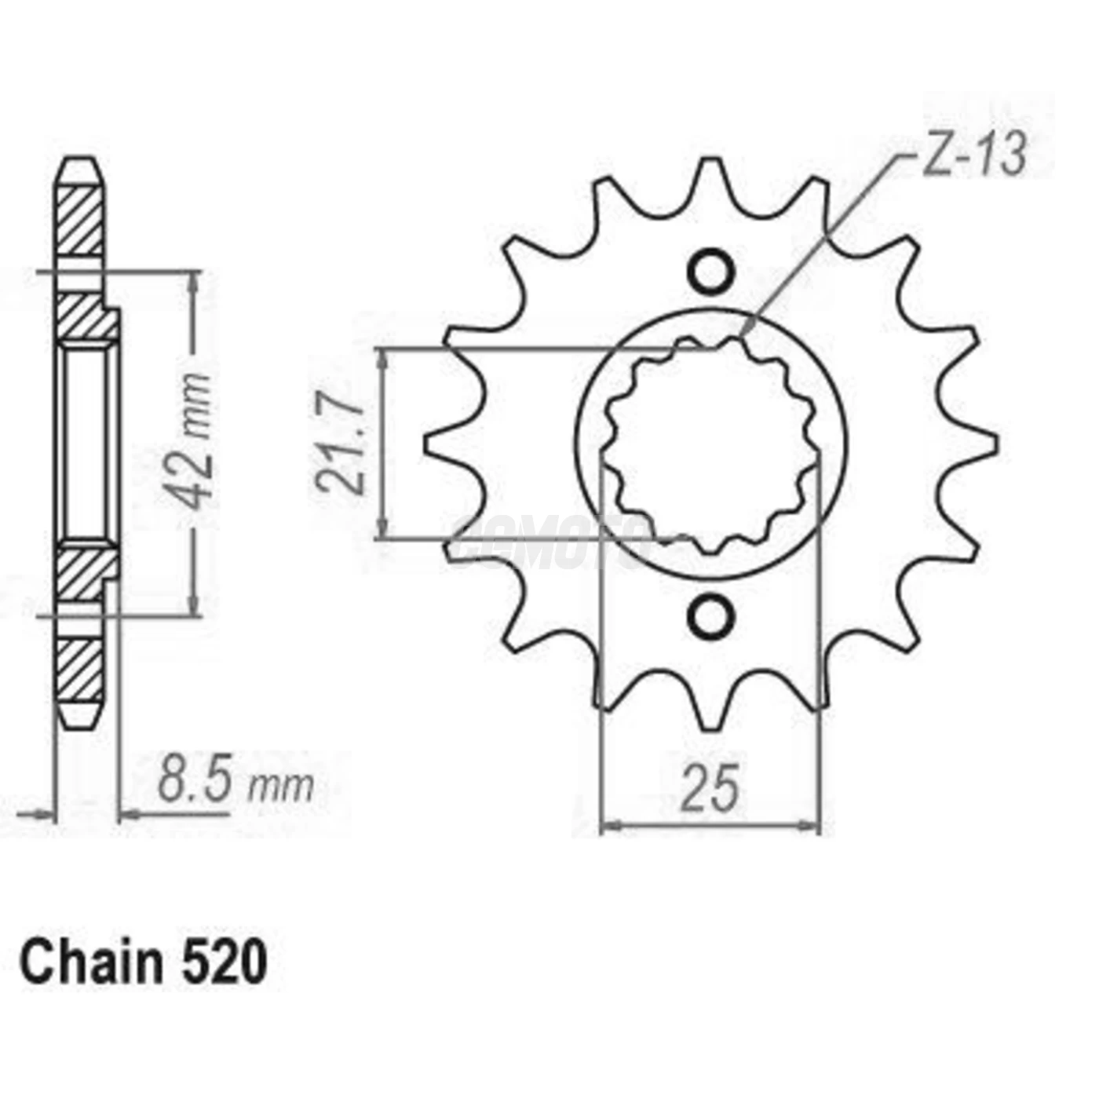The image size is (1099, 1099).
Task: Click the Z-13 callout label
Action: tap(973, 156)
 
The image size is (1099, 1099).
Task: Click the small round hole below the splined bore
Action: tap(711, 615)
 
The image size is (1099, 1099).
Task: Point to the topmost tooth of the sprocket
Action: tap(711, 177)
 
